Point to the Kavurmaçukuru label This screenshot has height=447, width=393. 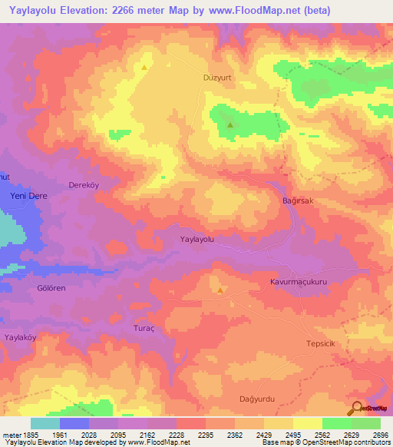tap(299, 283)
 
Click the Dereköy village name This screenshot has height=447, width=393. tap(84, 185)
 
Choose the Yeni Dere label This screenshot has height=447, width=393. tap(28, 196)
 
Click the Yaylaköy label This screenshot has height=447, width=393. tap(21, 337)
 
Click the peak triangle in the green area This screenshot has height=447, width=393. tap(230, 125)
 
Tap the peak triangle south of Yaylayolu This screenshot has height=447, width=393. tap(220, 290)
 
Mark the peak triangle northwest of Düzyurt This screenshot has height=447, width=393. tap(144, 68)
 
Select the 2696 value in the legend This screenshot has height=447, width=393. tap(379, 435)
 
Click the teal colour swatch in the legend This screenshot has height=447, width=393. tap(45, 423)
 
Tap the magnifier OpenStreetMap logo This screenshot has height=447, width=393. tap(358, 408)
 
